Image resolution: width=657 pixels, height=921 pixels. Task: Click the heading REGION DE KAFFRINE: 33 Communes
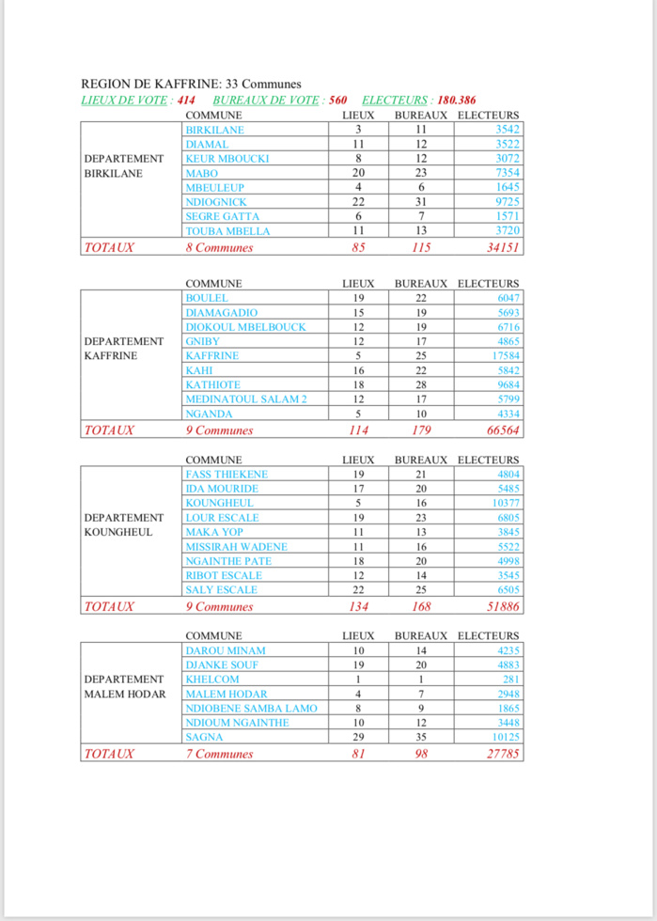pos(192,84)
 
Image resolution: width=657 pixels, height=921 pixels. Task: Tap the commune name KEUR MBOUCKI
pos(227,159)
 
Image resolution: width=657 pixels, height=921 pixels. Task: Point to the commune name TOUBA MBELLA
pos(227,231)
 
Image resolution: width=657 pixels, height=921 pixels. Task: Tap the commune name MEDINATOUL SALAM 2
pos(246,399)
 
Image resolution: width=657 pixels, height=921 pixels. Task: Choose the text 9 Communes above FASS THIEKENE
pos(220,430)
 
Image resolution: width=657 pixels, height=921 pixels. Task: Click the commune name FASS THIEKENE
pos(227,475)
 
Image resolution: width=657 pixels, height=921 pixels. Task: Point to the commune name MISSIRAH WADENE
pos(237,547)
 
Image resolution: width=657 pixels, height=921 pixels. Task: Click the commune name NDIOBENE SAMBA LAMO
pos(252,709)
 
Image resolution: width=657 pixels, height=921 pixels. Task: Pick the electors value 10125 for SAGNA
pos(505,738)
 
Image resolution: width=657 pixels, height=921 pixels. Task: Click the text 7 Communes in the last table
pos(220,754)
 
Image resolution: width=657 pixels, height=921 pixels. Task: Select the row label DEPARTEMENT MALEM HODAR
pos(125,687)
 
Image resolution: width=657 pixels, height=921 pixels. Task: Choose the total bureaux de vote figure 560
pos(338,99)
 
